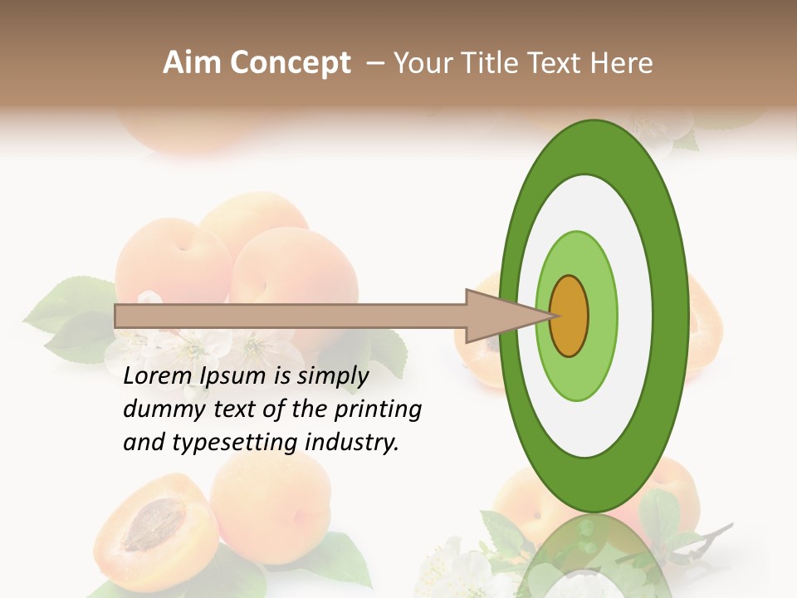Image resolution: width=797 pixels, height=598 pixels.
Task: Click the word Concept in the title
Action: click(x=288, y=63)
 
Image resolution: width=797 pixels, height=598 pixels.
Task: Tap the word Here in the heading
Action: click(x=623, y=63)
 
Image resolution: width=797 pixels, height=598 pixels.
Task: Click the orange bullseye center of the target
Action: click(x=569, y=316)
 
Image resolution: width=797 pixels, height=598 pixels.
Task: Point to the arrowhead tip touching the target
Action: click(x=550, y=316)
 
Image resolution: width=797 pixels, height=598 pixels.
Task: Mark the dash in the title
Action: click(x=374, y=63)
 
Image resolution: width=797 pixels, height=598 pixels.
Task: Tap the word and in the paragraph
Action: click(x=142, y=443)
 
